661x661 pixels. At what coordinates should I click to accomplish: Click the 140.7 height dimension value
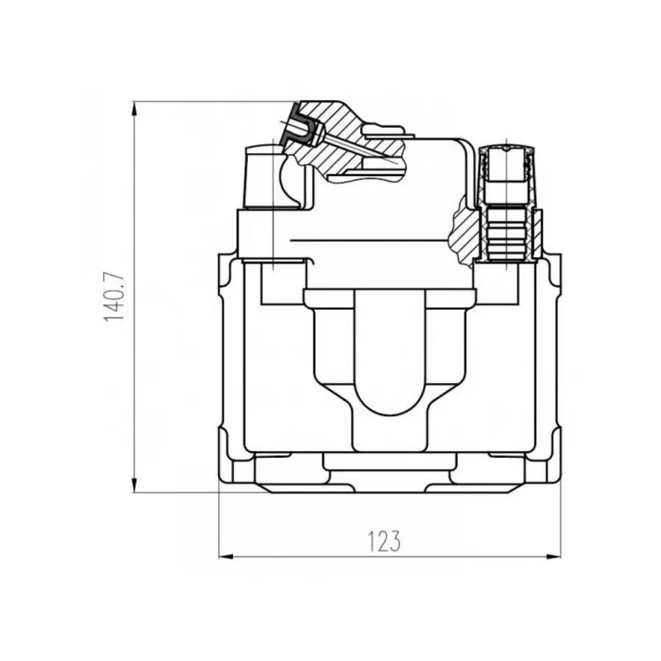pyautogui.click(x=114, y=297)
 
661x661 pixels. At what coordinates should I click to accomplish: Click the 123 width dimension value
pyautogui.click(x=383, y=541)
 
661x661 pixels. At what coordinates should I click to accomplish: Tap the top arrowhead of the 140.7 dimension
pyautogui.click(x=135, y=109)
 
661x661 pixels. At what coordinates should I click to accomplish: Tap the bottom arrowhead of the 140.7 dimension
pyautogui.click(x=135, y=485)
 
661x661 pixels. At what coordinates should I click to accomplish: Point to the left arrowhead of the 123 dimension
pyautogui.click(x=226, y=557)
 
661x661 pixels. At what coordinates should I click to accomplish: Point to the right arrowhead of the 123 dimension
pyautogui.click(x=554, y=557)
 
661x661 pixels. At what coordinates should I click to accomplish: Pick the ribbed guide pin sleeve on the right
pyautogui.click(x=506, y=234)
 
